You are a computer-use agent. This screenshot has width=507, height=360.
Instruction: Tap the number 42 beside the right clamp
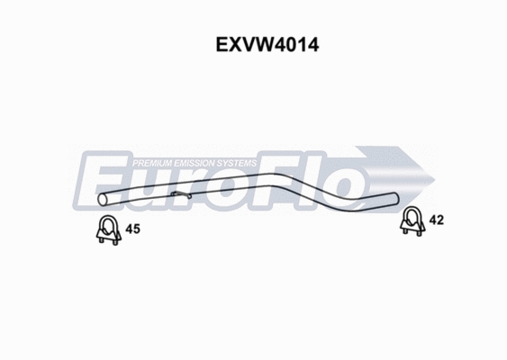(x=437, y=220)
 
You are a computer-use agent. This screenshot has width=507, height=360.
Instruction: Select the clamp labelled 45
(x=108, y=231)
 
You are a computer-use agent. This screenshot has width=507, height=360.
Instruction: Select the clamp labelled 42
(x=412, y=220)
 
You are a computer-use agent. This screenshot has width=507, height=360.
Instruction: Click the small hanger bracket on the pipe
(x=181, y=194)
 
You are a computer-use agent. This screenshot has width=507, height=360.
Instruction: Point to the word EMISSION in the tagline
(x=197, y=163)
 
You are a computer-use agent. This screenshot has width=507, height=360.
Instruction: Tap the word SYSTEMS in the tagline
(x=239, y=163)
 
